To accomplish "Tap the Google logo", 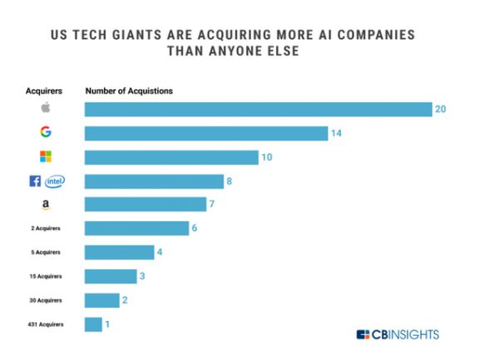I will click(45, 133).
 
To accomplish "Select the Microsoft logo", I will click(45, 157).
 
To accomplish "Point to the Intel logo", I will click(56, 181).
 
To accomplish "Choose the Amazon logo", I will click(45, 205).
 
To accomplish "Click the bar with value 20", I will click(258, 109).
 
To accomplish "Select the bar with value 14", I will click(206, 133).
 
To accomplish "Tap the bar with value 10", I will click(171, 157).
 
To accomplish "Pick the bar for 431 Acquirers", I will click(93, 324).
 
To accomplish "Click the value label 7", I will click(212, 205).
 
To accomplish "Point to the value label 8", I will click(230, 181).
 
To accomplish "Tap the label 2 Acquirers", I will click(45, 228).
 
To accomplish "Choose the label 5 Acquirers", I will click(45, 252).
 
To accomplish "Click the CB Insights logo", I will click(398, 334).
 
